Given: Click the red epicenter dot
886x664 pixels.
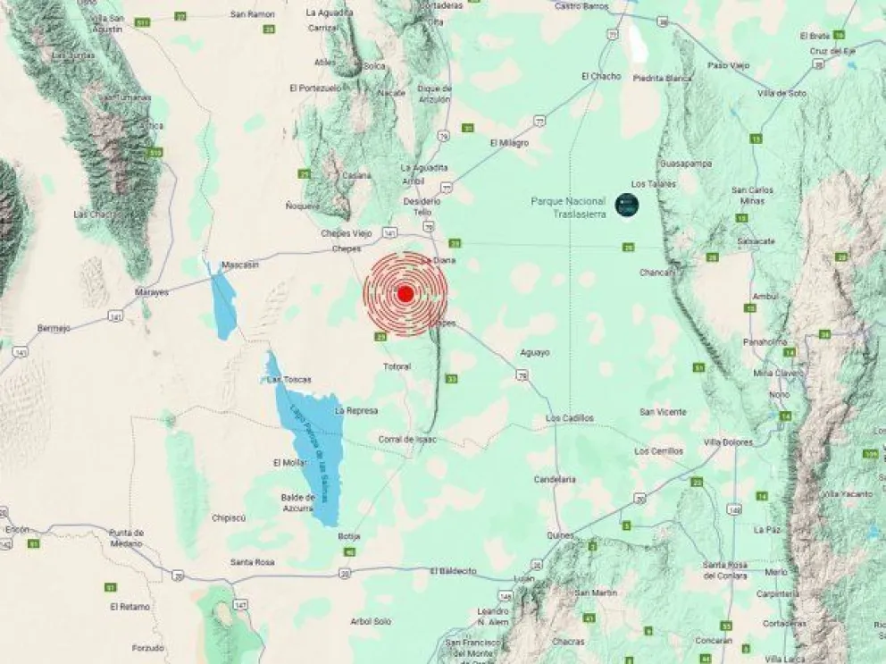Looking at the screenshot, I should (405, 293).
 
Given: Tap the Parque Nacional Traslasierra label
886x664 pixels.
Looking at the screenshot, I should (569, 207).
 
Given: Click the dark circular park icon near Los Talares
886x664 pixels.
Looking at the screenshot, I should (626, 205).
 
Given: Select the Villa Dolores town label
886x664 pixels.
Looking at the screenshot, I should (728, 442).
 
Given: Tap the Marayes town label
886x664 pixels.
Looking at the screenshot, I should (151, 292).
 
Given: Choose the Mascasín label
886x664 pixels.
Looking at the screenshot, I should (240, 265).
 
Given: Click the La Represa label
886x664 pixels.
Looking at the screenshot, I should (356, 411).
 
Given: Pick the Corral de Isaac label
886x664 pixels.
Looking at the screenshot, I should (407, 439).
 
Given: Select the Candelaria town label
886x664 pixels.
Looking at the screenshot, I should (555, 479).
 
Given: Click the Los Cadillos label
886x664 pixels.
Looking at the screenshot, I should (569, 418).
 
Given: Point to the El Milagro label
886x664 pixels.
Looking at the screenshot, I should (509, 143).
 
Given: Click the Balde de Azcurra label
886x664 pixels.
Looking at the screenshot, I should (297, 502).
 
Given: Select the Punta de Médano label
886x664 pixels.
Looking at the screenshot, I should (126, 537).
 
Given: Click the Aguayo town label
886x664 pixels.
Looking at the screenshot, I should (535, 352).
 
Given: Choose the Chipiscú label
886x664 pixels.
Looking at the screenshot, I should (229, 517).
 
